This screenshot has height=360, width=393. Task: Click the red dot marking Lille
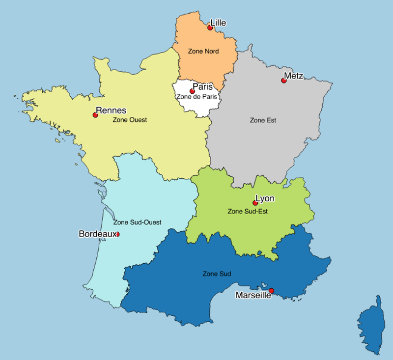[x=210, y=28]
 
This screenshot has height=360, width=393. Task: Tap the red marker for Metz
[x=283, y=81]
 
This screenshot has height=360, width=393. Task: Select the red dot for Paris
[x=192, y=91]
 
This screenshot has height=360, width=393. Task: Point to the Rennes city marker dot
[x=95, y=115]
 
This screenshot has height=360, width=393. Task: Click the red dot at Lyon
[x=255, y=203]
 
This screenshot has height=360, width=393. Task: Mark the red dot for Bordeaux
[x=117, y=234]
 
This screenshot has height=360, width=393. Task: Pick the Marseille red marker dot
[x=271, y=291]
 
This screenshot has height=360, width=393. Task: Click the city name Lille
[x=218, y=23]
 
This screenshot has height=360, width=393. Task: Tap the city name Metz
[x=294, y=76]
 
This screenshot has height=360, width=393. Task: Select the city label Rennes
[x=111, y=111]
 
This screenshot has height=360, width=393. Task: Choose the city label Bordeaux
[x=97, y=234]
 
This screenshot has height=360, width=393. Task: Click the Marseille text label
[x=253, y=296]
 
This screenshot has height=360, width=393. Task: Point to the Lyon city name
[x=265, y=198]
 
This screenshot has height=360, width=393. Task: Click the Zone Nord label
[x=203, y=51]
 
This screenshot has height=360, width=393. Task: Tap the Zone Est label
[x=263, y=120]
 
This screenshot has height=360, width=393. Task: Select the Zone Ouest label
[x=130, y=119]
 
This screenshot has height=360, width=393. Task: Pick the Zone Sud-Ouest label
[x=137, y=222]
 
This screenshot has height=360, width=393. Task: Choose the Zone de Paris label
[x=196, y=96]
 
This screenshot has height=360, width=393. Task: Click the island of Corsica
[x=370, y=327]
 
